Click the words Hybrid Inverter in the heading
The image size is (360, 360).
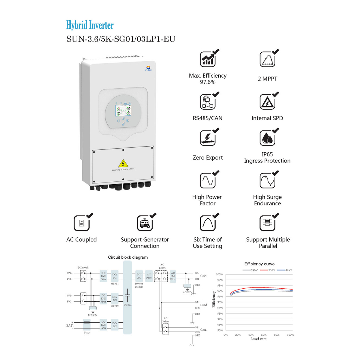tap(90, 25)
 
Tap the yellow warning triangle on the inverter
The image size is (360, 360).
tap(123, 163)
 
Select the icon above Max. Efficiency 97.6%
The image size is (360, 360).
tap(207, 59)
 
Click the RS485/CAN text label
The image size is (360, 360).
tap(207, 118)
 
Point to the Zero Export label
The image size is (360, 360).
tap(207, 157)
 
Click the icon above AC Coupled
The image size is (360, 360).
tap(81, 223)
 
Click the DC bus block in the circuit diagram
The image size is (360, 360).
tap(127, 297)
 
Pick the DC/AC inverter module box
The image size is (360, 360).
tap(139, 276)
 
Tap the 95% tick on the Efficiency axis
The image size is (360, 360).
tap(219, 302)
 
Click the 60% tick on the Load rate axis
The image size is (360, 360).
tap(264, 335)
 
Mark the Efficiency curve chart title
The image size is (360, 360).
tap(259, 264)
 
